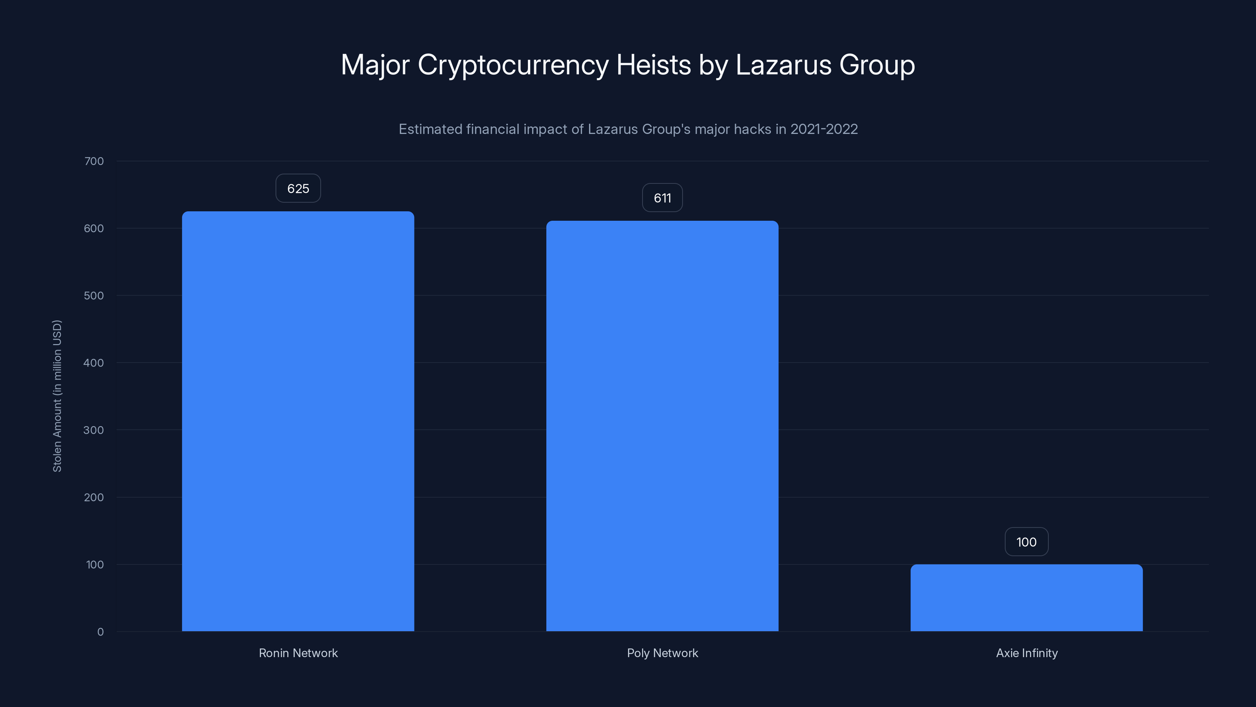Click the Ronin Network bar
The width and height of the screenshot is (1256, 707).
298,421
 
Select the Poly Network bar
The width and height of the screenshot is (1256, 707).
662,426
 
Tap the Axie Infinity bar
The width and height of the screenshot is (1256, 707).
1026,598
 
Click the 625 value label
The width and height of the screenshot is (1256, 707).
298,189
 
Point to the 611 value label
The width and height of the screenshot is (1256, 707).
662,198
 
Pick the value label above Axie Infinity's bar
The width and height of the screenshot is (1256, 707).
1026,542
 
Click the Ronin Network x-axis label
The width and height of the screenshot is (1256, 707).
298,653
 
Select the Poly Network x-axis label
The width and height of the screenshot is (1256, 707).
662,653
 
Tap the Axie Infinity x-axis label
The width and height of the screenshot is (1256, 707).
1026,653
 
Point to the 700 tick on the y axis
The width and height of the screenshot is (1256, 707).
94,161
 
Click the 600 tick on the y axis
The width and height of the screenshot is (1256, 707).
94,228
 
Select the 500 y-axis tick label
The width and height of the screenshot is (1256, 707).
94,296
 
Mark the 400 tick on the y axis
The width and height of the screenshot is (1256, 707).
94,363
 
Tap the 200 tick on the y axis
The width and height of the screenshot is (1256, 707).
94,498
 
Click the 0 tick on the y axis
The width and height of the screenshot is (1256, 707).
100,632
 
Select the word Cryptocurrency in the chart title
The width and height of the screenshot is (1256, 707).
513,65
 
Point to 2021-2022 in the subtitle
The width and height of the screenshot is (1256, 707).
823,129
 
